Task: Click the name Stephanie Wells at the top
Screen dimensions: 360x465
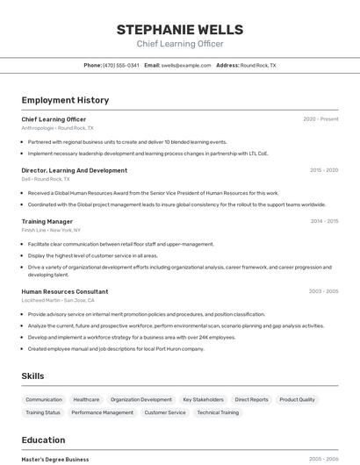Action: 179,29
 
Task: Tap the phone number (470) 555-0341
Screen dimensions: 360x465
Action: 120,65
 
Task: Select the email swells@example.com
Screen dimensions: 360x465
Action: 186,65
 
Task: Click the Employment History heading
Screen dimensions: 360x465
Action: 65,100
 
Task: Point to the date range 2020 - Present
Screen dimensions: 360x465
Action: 320,118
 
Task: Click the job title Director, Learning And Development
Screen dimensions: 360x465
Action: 74,170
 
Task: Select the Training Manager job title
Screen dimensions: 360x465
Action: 47,221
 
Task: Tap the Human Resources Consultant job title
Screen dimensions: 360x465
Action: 65,291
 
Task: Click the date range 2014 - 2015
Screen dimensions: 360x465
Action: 324,221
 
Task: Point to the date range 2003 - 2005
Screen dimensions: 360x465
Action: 323,291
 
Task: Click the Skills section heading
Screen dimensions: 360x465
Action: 33,376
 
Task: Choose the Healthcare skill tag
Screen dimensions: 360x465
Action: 86,399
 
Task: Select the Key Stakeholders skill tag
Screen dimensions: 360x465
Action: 203,399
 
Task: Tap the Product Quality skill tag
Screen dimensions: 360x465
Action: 297,399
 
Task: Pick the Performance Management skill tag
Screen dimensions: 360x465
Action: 103,411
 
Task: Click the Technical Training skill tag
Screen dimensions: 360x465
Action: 218,411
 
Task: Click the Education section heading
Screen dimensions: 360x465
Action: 43,440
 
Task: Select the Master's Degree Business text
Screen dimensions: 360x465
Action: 55,459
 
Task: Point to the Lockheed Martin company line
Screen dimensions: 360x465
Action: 54,300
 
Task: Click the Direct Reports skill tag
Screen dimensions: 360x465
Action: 252,399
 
